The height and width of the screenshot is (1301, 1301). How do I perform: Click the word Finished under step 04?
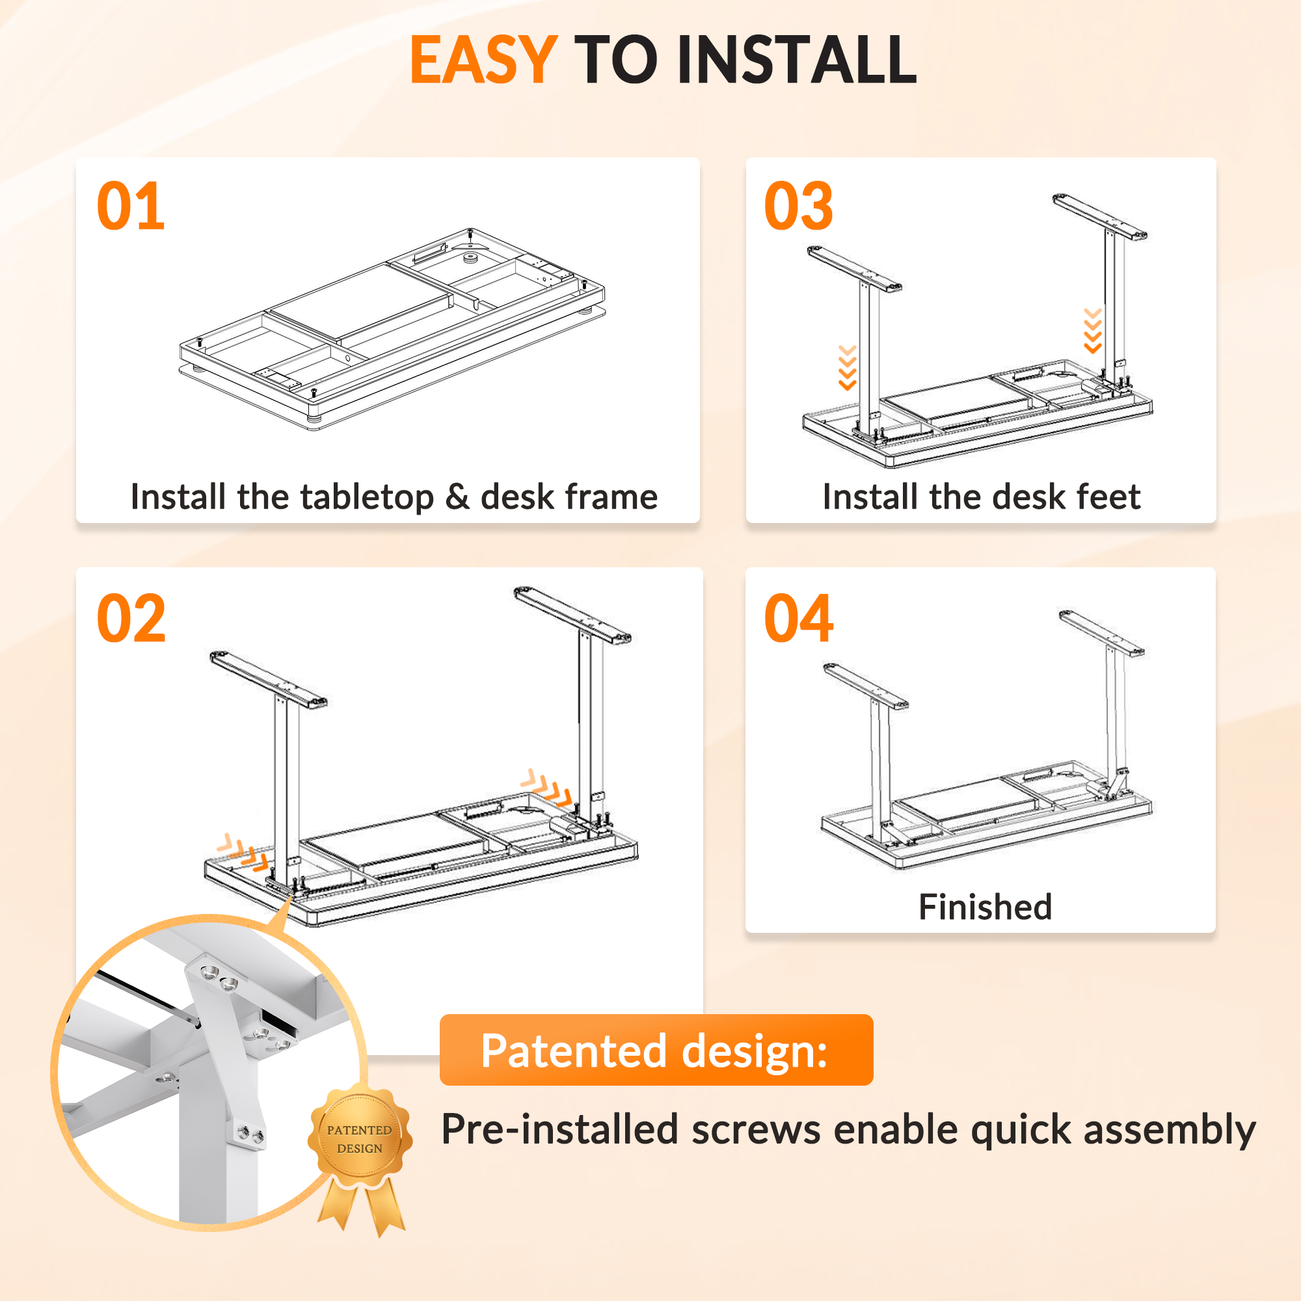[985, 907]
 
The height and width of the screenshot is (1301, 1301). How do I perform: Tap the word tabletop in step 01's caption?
[367, 498]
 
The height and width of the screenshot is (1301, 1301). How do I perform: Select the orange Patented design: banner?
[656, 1050]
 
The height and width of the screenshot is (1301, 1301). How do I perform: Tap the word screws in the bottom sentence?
[757, 1129]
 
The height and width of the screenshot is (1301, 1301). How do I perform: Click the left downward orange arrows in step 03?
[847, 368]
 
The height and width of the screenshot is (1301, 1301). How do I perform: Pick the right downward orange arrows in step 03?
[1092, 330]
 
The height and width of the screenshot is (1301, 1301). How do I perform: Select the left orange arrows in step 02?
[243, 853]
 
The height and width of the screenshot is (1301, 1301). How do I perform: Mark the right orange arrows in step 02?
[546, 788]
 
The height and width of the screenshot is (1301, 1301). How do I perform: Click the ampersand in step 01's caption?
[457, 497]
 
